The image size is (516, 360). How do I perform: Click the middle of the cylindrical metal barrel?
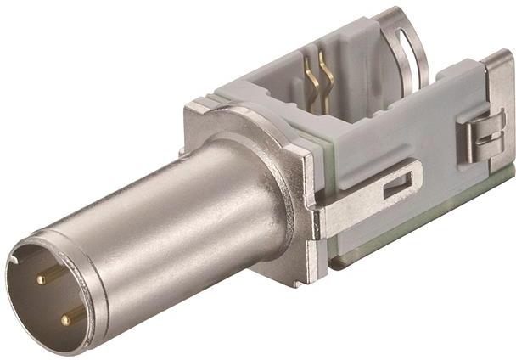[x=178, y=221]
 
